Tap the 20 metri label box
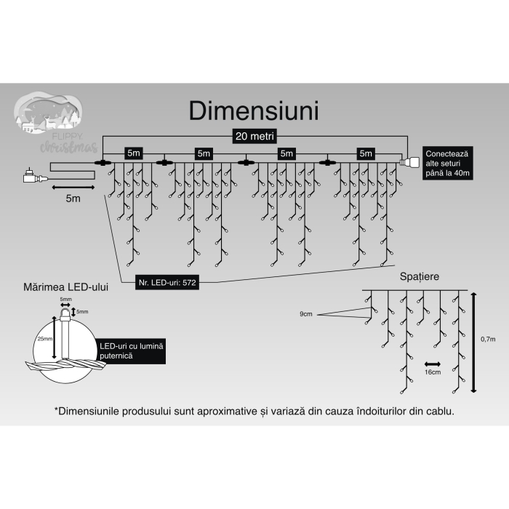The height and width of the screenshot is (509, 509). coord(254,136)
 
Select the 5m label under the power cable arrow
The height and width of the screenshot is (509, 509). coord(72,199)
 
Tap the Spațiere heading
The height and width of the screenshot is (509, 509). coord(420,276)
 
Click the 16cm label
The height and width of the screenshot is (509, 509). coord(433,372)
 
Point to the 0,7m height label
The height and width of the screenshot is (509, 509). coord(488,340)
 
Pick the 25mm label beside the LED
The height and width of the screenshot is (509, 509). coord(46,340)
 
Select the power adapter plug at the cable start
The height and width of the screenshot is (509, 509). coord(33,175)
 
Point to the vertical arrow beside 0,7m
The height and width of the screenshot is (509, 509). coord(474,342)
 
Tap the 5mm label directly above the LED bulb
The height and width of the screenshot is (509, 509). coord(66,299)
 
